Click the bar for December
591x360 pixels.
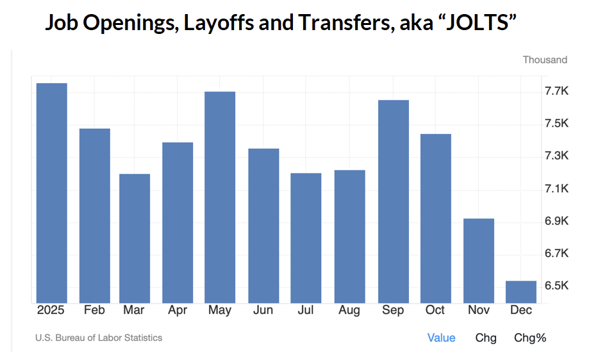520,291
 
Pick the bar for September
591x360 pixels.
393,201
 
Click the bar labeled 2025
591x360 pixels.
51,192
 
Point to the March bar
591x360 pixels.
135,238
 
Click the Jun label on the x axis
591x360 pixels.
263,310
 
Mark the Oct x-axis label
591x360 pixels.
435,310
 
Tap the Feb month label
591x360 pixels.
94,310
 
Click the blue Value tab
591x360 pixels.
441,338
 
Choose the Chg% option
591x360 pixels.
530,338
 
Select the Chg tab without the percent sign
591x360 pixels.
486,338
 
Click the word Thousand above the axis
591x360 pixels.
545,60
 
